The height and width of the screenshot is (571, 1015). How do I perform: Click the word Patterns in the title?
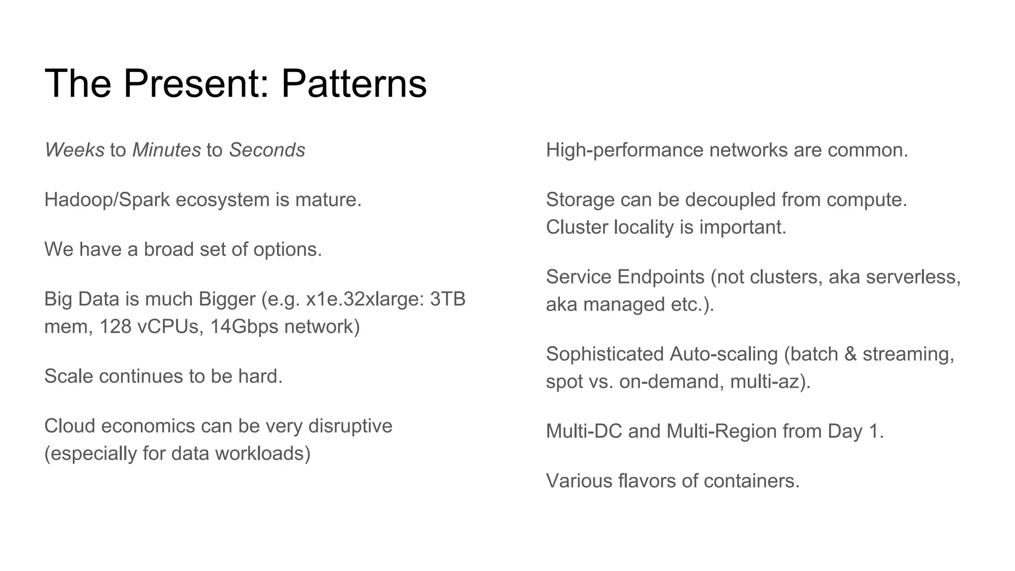click(354, 83)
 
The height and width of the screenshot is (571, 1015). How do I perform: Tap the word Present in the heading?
click(190, 83)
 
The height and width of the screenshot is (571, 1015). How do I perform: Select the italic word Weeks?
click(74, 150)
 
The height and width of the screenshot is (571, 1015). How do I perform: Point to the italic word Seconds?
click(267, 150)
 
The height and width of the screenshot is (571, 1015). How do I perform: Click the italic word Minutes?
click(167, 150)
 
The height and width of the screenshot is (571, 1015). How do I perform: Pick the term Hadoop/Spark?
click(107, 200)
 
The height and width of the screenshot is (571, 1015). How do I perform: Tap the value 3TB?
click(448, 299)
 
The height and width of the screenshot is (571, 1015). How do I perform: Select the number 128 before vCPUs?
click(115, 327)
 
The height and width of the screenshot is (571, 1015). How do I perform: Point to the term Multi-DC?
click(584, 431)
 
